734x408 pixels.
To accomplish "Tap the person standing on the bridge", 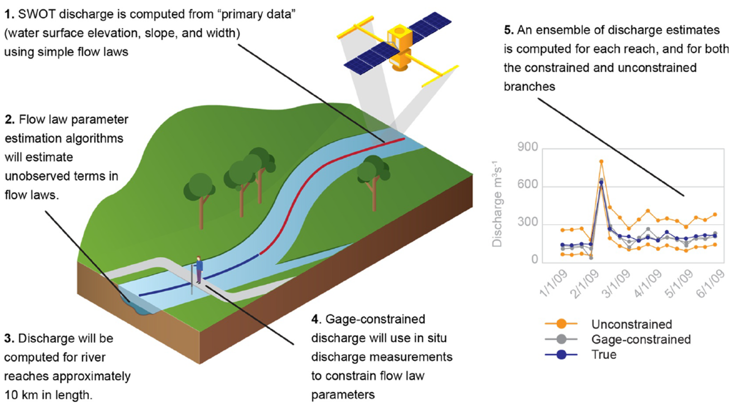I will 198,269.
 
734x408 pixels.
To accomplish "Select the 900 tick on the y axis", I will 527,147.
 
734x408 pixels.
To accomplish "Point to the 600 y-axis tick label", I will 527,185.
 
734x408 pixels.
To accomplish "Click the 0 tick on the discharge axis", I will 535,259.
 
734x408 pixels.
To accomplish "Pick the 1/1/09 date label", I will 554,284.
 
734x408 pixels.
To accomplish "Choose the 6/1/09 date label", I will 710,284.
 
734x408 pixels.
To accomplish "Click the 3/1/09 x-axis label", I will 616,284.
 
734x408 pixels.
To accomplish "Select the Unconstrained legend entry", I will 631,324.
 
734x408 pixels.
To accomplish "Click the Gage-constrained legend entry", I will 641,339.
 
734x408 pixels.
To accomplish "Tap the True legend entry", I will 604,354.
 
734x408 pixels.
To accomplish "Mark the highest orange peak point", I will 601,161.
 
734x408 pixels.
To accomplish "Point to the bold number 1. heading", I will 9,14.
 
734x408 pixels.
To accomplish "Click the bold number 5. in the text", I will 508,30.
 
